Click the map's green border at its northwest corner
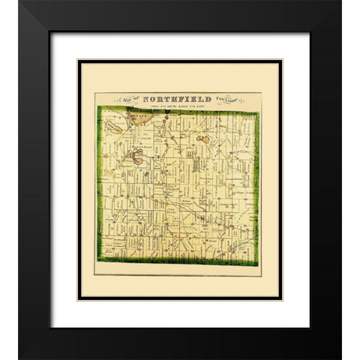pos(98,109)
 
